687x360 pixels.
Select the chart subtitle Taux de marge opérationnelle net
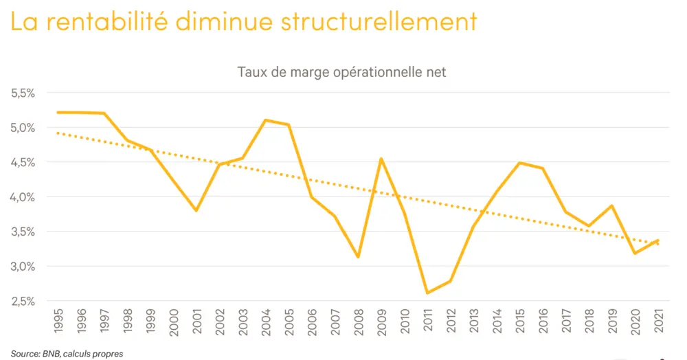point(341,71)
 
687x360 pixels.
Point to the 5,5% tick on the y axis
point(24,93)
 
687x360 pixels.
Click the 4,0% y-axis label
point(24,197)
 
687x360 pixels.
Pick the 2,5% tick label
point(24,301)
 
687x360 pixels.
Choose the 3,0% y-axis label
point(24,267)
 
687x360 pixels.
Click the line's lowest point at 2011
point(427,293)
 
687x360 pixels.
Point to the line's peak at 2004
point(266,120)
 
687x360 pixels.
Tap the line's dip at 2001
point(196,210)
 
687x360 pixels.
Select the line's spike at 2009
point(381,159)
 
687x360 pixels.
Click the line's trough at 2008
point(358,257)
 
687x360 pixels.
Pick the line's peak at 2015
point(519,163)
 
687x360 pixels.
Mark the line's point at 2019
point(611,205)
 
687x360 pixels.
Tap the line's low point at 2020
point(635,253)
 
